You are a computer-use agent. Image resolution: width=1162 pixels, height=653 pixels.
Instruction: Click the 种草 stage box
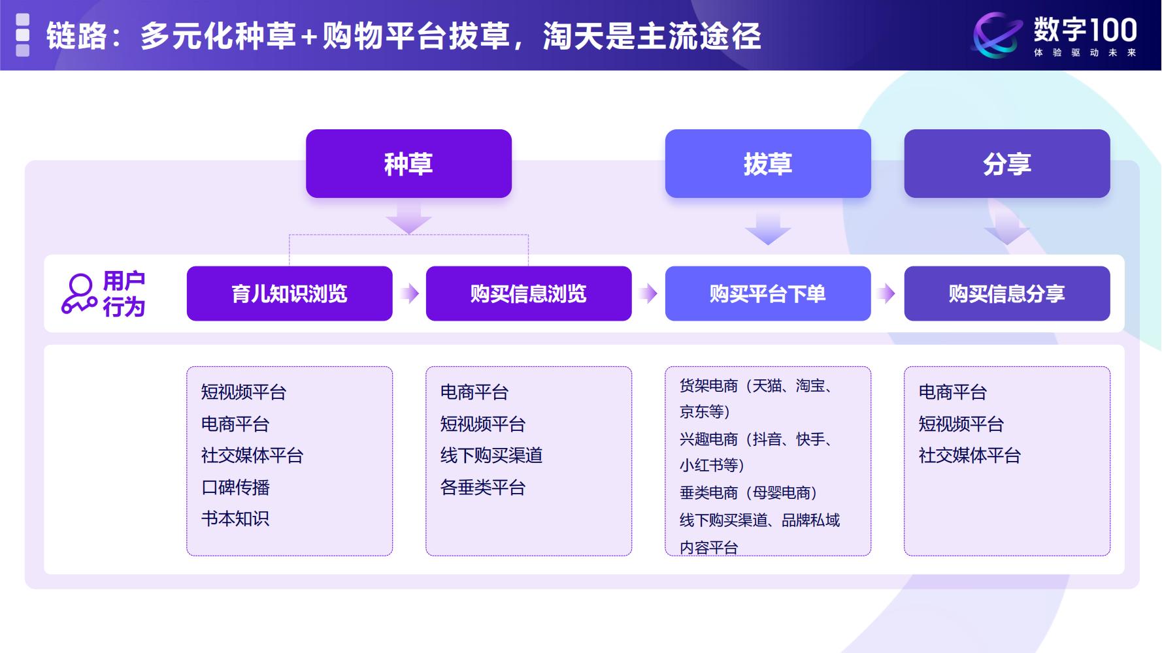point(408,163)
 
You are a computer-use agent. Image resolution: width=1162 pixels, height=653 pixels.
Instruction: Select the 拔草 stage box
point(767,163)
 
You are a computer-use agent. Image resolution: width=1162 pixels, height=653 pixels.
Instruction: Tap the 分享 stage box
point(1006,163)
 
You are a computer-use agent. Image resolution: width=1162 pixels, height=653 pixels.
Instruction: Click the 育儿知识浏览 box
point(290,293)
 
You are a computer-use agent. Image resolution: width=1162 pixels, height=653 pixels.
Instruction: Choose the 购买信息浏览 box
point(528,293)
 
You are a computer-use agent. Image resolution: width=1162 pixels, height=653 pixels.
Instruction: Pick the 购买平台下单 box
point(767,293)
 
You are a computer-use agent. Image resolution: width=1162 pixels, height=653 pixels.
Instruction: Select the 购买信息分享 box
point(1006,293)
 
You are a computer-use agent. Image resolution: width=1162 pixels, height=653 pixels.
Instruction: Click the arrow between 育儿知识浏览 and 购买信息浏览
point(410,293)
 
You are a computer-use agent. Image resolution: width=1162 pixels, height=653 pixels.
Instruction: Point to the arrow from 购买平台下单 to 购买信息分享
point(887,293)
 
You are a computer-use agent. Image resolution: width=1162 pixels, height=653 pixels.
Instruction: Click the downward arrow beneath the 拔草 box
point(768,228)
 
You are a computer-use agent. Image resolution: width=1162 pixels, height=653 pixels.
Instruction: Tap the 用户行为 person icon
point(79,294)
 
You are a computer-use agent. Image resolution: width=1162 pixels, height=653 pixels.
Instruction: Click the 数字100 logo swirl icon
point(997,35)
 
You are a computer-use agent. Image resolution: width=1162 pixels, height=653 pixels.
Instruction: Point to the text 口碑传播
point(235,487)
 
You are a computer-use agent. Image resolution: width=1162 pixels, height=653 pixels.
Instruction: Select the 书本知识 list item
point(235,518)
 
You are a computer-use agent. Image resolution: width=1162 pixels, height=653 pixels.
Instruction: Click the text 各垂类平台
point(482,487)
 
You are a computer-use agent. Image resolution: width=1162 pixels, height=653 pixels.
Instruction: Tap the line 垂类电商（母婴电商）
point(748,492)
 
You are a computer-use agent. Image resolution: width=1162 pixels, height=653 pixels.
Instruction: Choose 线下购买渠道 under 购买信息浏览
point(491,455)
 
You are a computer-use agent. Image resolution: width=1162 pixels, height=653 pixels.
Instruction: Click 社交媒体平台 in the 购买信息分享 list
point(969,455)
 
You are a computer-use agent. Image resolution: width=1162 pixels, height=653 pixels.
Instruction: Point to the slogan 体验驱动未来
point(1085,53)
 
